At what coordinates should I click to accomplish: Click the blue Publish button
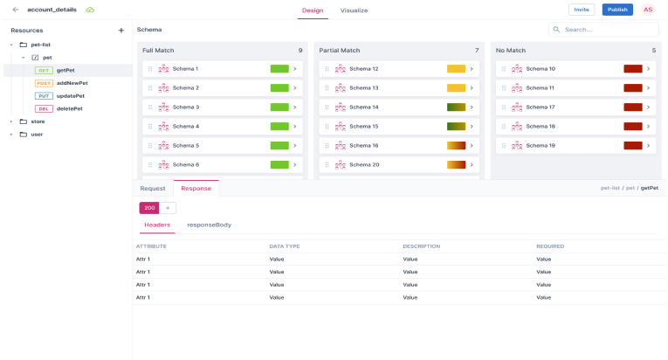tap(617, 10)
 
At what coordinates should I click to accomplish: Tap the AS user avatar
tap(648, 10)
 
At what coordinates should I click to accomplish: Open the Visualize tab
tap(354, 10)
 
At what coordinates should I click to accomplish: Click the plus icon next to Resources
tap(121, 30)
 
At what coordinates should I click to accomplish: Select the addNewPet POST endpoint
tap(72, 82)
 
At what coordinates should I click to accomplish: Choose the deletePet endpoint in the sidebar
tap(70, 108)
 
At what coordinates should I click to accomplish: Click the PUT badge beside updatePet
tap(44, 95)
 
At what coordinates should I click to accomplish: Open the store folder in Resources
tap(38, 121)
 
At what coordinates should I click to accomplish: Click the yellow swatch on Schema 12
tap(456, 69)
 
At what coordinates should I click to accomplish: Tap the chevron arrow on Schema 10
tap(648, 69)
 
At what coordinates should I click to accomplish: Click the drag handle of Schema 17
tap(504, 107)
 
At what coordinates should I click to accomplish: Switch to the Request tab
tap(153, 188)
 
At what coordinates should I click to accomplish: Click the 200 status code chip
tap(148, 208)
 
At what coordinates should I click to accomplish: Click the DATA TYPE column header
tap(285, 246)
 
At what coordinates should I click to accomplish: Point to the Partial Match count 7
tap(477, 51)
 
